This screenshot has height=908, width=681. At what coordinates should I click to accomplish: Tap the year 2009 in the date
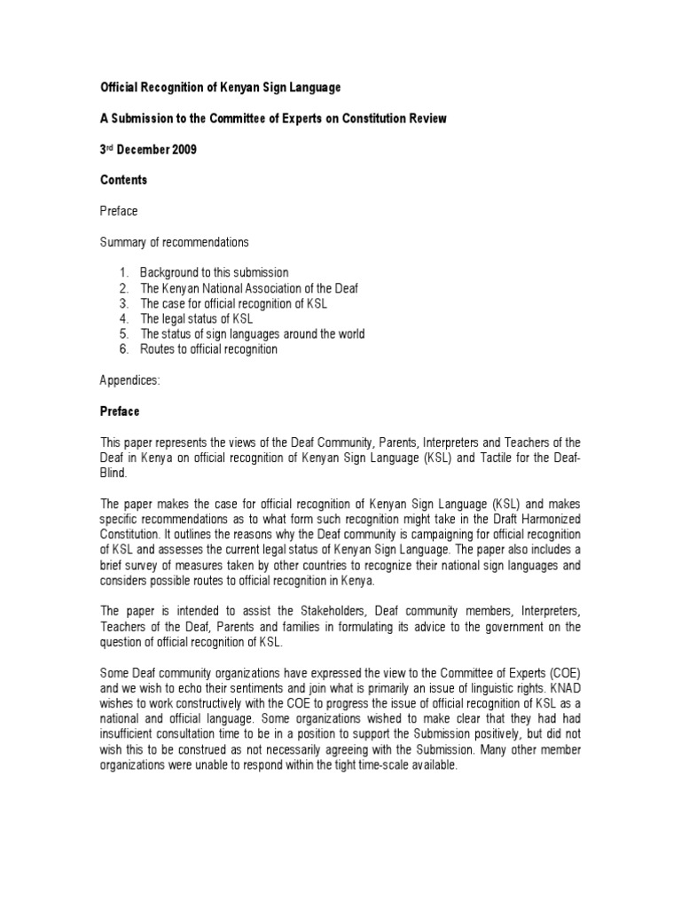pos(182,150)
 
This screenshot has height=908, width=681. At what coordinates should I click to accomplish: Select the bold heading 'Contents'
pos(123,180)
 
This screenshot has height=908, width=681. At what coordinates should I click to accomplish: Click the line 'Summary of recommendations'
pos(174,241)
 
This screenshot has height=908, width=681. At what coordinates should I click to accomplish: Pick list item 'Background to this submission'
pos(214,272)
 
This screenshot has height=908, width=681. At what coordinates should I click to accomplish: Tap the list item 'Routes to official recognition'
pos(208,349)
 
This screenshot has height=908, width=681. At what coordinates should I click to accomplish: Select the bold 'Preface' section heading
pos(119,411)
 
